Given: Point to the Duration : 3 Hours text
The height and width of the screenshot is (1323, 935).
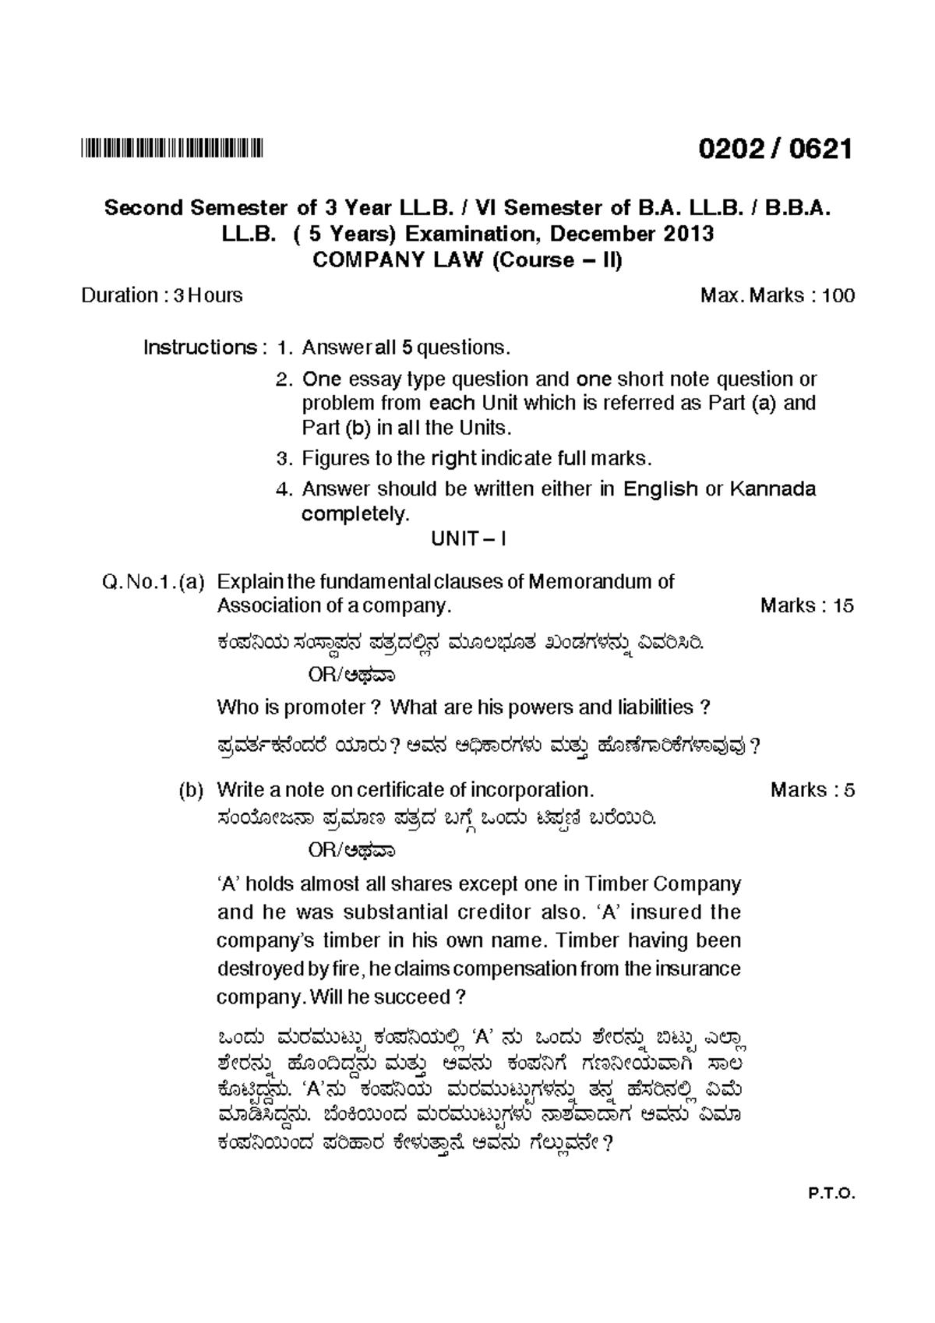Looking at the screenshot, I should coord(161,296).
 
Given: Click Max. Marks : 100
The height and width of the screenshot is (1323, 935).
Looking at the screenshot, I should coord(777,296).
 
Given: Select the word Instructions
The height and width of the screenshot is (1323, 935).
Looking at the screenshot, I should coord(199,348).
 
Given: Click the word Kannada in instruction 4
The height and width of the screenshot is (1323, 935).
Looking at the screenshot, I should coord(772,489).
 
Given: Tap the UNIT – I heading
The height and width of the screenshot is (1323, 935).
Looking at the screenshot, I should coord(468,539).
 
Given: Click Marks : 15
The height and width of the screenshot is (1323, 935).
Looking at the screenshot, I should coord(806,606).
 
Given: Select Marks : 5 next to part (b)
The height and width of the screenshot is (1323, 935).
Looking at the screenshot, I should coord(812,791).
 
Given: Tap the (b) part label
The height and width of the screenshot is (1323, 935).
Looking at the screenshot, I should coord(191,791).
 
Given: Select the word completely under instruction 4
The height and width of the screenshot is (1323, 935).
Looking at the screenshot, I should coord(355,515).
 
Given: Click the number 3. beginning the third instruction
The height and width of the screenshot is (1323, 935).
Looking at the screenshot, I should coord(286,458).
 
